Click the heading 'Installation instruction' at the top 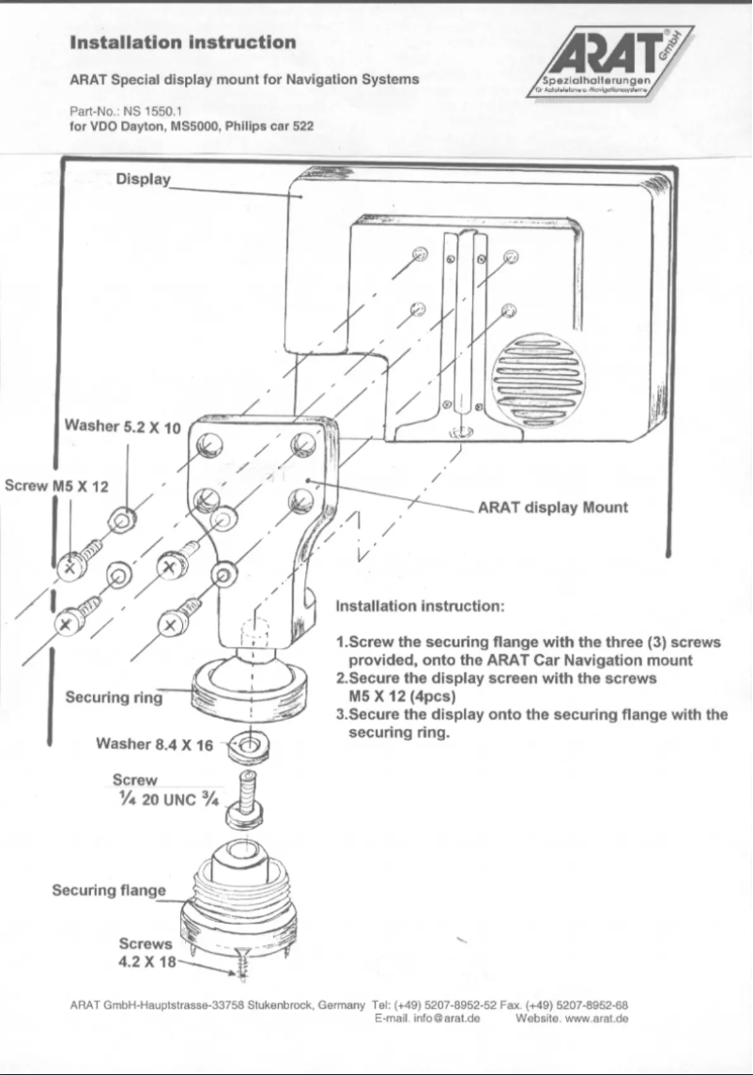point(183,42)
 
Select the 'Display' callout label point(143,179)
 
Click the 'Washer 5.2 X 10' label point(122,428)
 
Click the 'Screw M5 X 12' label point(56,487)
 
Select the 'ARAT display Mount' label point(553,507)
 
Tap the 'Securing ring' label point(114,697)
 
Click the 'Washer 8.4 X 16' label point(155,745)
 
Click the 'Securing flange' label point(108,890)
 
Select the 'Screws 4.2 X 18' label point(146,953)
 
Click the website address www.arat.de point(593,1018)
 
